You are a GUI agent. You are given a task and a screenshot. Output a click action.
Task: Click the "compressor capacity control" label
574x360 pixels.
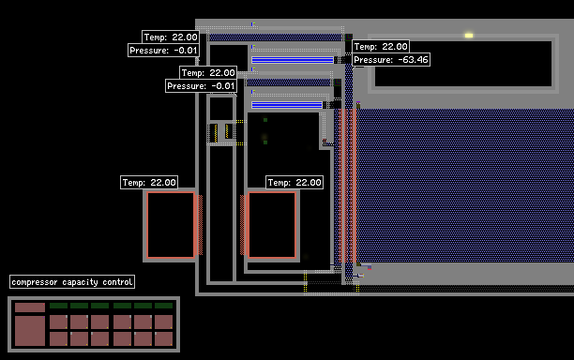(72, 281)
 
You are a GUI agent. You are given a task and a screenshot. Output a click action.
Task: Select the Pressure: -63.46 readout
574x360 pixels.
(391, 60)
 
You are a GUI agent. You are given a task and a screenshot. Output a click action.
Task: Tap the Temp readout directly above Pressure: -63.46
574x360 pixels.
(381, 47)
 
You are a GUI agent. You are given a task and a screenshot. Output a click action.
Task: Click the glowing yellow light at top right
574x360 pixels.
(469, 36)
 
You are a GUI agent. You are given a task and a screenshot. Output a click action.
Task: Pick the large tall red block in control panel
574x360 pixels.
(30, 331)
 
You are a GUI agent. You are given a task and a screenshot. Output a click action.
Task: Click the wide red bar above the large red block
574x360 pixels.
(30, 307)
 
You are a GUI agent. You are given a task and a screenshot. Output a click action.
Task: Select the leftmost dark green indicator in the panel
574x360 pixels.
(58, 306)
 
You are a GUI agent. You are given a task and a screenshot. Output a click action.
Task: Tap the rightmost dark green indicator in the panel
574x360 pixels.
(163, 306)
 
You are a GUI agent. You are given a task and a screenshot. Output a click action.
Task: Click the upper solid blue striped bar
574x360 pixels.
(293, 60)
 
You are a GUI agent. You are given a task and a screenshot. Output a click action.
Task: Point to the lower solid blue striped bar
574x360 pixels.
(287, 105)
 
